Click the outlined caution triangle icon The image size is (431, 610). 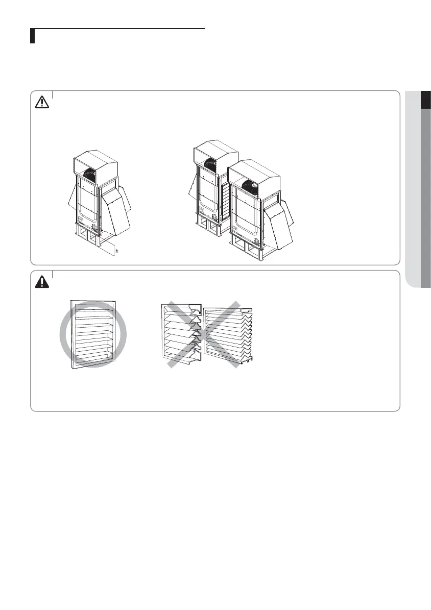(41, 102)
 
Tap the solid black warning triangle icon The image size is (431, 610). (41, 281)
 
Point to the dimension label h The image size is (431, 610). (117, 252)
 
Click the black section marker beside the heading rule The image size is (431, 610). (32, 36)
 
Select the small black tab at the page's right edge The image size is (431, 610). (425, 100)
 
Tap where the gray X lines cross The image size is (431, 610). (201, 334)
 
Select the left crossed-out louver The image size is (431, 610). (180, 334)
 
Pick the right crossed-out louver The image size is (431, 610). (228, 334)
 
